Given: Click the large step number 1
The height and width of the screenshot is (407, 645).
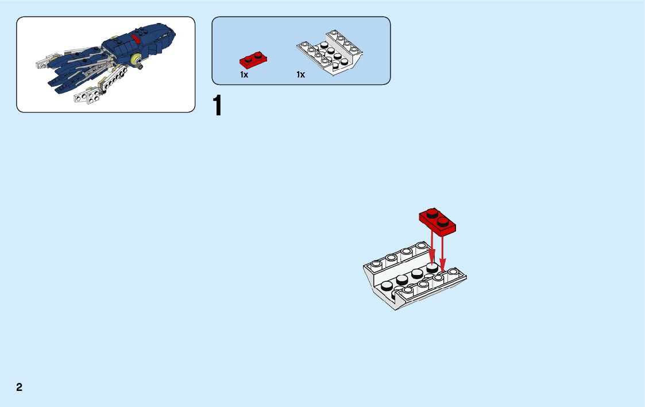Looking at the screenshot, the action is pos(217,106).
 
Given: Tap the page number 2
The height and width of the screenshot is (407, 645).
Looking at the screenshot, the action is pos(20,387).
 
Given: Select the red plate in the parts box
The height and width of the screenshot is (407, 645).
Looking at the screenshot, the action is pos(253,59).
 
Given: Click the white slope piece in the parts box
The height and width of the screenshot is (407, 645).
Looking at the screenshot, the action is pos(331,53).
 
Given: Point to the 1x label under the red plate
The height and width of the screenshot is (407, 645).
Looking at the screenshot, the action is pos(244,75).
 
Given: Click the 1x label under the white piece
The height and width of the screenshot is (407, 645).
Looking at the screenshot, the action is pos(300,75).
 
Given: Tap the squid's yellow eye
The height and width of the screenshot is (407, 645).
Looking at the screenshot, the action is pos(137,59).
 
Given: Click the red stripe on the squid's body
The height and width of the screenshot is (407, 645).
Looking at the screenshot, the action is pos(136,38).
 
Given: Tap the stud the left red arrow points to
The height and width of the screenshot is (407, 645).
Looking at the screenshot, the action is pos(432,267).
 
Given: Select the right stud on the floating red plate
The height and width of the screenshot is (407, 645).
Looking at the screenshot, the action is pos(443,220).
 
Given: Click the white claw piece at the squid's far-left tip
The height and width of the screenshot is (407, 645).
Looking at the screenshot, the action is pos(42,63).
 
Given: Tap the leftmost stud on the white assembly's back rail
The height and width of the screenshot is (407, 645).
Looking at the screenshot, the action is pos(376,264).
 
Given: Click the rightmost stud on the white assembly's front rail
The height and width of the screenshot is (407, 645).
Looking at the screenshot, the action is pos(453,272).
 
